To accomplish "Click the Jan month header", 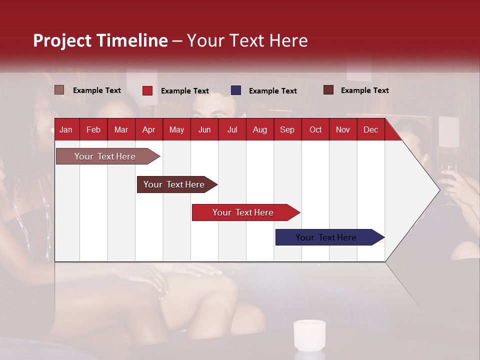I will click(66, 129).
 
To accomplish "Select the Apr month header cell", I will click(149, 129).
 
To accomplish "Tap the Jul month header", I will click(232, 129).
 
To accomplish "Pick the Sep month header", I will click(287, 129).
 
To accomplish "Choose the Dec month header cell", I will click(370, 129).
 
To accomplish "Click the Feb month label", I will click(93, 129).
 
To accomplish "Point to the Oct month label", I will click(315, 129).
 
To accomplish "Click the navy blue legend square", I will click(236, 90).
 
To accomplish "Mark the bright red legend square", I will click(147, 90).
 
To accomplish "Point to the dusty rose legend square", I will click(59, 90).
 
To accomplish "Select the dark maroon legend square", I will click(328, 90).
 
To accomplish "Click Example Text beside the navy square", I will click(272, 91).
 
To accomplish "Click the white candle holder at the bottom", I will click(309, 334).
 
